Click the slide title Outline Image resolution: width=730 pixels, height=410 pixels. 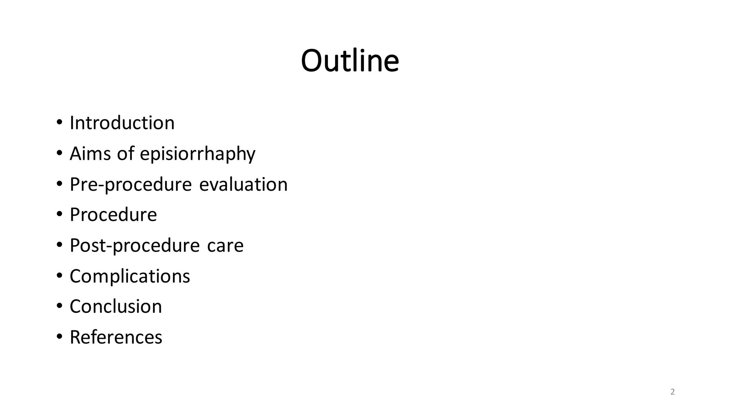350,61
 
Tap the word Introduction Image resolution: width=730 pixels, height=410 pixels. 122,123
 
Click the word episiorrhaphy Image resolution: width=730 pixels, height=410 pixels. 197,154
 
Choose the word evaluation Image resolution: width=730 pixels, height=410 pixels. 243,184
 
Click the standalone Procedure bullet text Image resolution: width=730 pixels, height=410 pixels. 113,215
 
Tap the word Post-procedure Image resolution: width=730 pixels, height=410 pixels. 134,246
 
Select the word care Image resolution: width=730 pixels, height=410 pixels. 225,246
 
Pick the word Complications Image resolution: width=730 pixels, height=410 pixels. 130,276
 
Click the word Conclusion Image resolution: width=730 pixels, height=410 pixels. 115,306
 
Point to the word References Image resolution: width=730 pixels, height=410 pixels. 116,337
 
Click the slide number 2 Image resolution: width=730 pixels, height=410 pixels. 672,392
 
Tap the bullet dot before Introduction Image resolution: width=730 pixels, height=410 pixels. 59,123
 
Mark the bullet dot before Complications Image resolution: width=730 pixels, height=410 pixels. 59,276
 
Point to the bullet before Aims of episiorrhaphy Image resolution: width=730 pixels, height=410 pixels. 59,153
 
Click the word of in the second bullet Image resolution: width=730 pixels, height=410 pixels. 125,153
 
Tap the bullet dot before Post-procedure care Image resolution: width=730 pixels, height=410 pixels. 59,245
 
